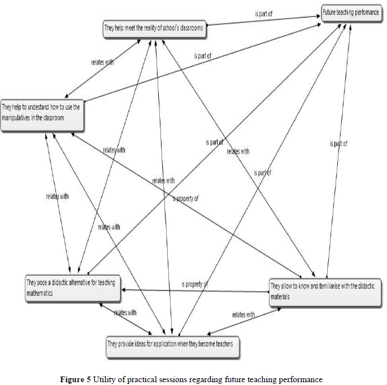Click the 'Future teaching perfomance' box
[351, 12]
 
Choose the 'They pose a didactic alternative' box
[72, 287]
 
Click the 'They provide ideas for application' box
[173, 344]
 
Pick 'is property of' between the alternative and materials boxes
[195, 284]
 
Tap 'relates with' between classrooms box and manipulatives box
[102, 62]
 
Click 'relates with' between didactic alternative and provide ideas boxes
[125, 313]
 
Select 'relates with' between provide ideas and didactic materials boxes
[243, 315]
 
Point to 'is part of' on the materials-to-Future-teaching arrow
[338, 144]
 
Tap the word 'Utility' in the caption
[103, 378]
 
